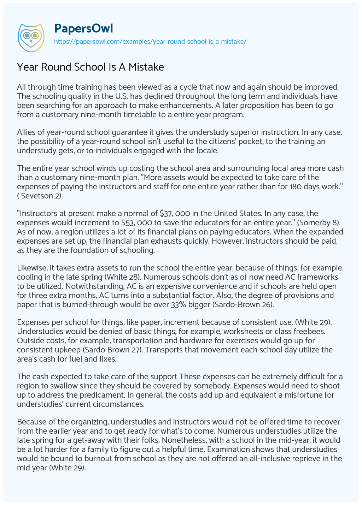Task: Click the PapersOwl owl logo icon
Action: pyautogui.click(x=31, y=35)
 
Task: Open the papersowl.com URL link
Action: pyautogui.click(x=150, y=41)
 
